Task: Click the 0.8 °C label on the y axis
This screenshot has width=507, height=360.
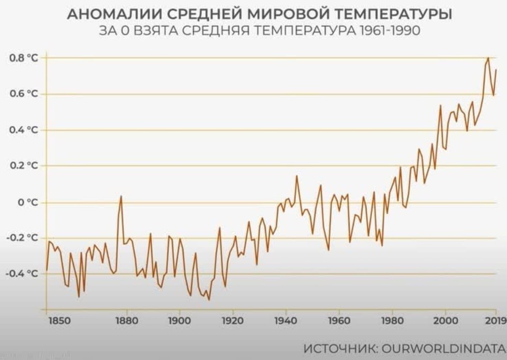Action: pyautogui.click(x=25, y=58)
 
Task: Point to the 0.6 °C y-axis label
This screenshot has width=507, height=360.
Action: pyautogui.click(x=25, y=94)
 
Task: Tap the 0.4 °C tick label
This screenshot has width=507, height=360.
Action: pyautogui.click(x=25, y=130)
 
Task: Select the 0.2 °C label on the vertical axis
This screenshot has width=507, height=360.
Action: pyautogui.click(x=25, y=166)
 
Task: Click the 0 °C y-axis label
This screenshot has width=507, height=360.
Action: pyautogui.click(x=28, y=202)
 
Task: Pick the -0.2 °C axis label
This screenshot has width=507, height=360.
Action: pyautogui.click(x=23, y=237)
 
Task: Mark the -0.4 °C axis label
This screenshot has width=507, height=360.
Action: pyautogui.click(x=23, y=273)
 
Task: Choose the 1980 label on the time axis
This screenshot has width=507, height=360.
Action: pyautogui.click(x=392, y=321)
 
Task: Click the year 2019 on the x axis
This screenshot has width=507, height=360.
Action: pyautogui.click(x=496, y=321)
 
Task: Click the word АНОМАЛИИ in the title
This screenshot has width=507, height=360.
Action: pyautogui.click(x=115, y=14)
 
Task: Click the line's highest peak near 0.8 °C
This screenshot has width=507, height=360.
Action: pyautogui.click(x=488, y=58)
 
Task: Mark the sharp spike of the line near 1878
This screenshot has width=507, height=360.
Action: pyautogui.click(x=121, y=196)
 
